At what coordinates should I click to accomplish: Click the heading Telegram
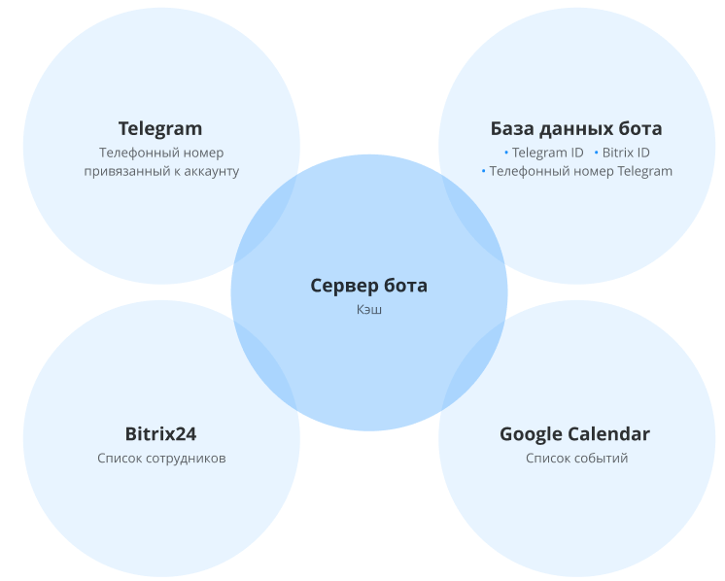coord(160,128)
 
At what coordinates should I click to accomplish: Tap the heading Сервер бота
coord(368,286)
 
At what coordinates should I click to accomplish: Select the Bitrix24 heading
coord(160,434)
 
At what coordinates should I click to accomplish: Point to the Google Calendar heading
coord(574,434)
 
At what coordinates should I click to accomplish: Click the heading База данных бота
coord(575,128)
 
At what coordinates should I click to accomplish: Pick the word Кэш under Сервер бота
coord(368,310)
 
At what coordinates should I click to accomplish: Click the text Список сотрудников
coord(161,458)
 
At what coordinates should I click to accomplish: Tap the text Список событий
coord(576,458)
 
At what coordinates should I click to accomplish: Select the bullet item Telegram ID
coord(547,153)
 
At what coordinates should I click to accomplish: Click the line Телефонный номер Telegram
coord(580,171)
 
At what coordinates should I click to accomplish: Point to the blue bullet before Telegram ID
coord(506,153)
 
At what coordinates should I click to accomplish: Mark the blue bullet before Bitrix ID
coord(596,153)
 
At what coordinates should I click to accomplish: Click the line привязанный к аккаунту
coord(161,171)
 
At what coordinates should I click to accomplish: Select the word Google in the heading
coord(531,434)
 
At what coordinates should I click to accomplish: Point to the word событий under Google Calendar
coord(602,458)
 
